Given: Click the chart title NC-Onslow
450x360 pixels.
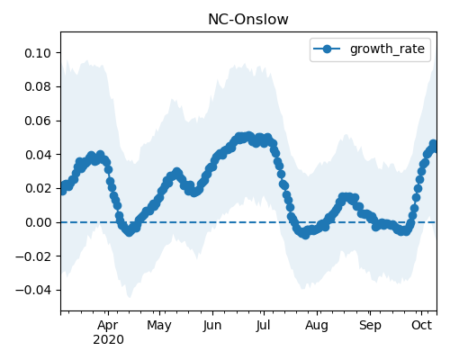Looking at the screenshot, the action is [x=248, y=20].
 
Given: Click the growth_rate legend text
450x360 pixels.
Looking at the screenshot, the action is [x=387, y=49].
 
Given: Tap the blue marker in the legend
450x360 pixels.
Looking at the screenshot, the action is [x=327, y=49].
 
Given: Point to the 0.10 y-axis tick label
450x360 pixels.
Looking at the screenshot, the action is [x=38, y=53].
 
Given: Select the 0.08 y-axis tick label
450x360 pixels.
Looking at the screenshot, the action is [x=38, y=86].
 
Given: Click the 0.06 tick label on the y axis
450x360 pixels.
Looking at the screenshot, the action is [x=38, y=121].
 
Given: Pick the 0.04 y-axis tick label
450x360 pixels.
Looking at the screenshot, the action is [x=38, y=155].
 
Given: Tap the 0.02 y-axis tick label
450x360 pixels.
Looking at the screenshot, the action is [x=38, y=189].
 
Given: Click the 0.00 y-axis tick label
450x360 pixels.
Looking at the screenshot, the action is [x=38, y=222].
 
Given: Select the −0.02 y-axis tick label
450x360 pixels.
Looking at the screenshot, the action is [x=33, y=256].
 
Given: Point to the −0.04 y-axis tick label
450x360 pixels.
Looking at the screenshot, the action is [x=33, y=291].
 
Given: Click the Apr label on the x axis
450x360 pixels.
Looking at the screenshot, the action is [x=108, y=326].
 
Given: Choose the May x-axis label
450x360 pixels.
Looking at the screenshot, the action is [x=159, y=326].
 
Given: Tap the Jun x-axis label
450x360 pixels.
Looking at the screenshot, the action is [x=212, y=326].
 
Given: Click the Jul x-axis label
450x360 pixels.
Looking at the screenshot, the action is [x=263, y=326].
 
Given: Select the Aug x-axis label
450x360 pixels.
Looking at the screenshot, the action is [x=317, y=326].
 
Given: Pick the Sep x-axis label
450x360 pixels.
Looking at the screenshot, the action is [x=370, y=326].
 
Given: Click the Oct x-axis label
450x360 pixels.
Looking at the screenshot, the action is [x=421, y=325].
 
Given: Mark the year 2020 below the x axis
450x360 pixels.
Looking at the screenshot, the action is [x=108, y=340].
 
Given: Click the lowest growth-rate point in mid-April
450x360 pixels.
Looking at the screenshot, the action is [x=129, y=232].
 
